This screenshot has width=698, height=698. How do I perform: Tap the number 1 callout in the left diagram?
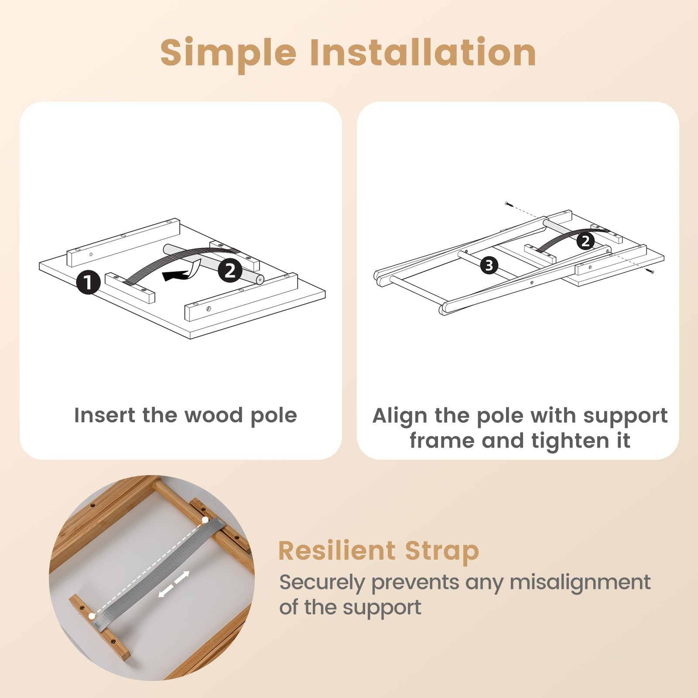(x=89, y=282)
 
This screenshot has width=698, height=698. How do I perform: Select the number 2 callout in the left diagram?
(x=230, y=270)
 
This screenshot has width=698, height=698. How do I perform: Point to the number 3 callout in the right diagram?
(x=489, y=265)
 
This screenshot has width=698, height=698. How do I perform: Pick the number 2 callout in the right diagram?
(x=585, y=241)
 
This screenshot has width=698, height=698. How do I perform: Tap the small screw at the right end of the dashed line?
(x=651, y=271)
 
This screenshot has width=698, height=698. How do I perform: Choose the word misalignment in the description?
(x=580, y=582)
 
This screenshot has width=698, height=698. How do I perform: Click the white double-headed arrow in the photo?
(x=174, y=584)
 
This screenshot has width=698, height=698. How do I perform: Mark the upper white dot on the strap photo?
(x=205, y=520)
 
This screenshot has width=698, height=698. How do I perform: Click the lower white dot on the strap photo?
(x=91, y=616)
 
